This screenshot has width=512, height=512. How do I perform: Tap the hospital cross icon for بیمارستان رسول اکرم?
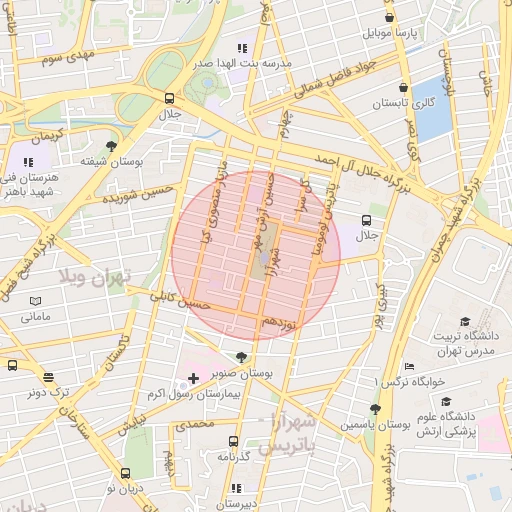click(x=193, y=379)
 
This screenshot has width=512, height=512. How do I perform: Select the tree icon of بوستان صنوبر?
click(x=241, y=357)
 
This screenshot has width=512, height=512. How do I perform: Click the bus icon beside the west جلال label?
click(x=169, y=98)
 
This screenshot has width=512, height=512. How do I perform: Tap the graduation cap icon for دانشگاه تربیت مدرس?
click(x=464, y=320)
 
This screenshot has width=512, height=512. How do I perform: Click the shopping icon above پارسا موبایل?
click(x=389, y=17)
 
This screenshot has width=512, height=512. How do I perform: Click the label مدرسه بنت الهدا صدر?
click(x=242, y=62)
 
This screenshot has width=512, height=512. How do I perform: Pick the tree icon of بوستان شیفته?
click(x=111, y=145)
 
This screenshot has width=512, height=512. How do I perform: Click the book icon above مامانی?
click(x=36, y=300)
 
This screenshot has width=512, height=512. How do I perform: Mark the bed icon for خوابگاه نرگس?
click(x=408, y=367)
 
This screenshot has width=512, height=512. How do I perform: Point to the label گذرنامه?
click(x=233, y=456)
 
